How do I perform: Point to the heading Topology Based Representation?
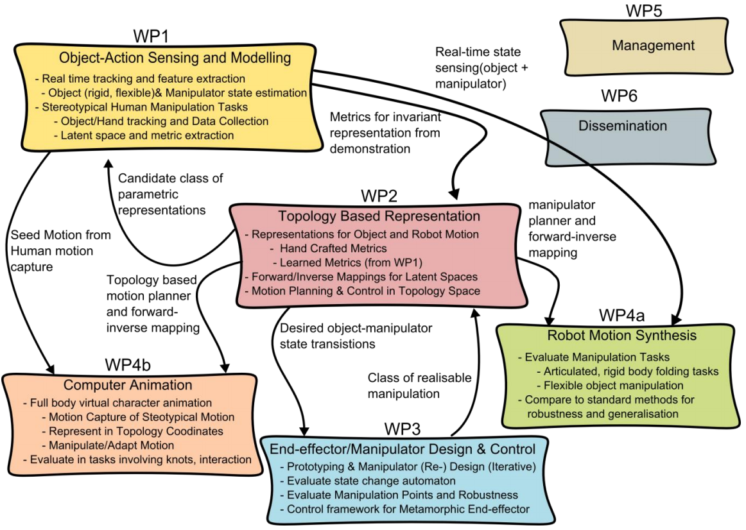[x=379, y=216]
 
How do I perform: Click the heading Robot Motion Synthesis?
[x=621, y=336]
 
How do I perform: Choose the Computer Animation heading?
[x=128, y=385]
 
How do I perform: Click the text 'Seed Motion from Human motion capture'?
[x=60, y=251]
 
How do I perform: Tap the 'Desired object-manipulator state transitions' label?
[x=356, y=336]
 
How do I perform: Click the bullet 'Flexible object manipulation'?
[x=613, y=386]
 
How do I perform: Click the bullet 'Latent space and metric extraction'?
[x=148, y=135]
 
